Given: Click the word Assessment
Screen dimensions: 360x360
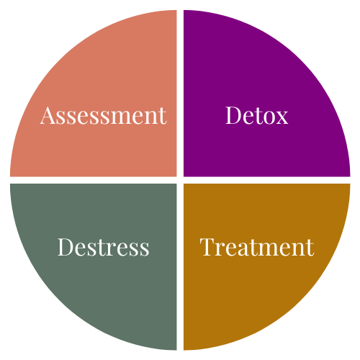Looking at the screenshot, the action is click(103, 115).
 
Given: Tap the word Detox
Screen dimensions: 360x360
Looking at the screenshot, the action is click(257, 115).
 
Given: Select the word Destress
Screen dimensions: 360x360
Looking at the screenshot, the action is click(103, 247).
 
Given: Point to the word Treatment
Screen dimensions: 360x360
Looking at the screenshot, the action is click(257, 247).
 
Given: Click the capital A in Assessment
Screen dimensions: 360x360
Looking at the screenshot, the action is click(48, 115).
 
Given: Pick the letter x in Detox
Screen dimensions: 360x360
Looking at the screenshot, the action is click(281, 118).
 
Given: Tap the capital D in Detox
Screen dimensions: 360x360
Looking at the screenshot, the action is click(234, 115).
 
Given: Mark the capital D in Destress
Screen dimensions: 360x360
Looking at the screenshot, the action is click(66, 247).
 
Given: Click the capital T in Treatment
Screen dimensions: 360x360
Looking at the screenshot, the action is click(207, 247).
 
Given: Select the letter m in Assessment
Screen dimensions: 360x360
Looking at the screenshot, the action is click(120, 118).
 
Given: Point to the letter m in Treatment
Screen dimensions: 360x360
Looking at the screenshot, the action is click(271, 250).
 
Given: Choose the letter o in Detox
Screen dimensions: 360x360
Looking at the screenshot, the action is click(267, 118).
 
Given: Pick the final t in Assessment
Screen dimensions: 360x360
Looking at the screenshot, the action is click(163, 117).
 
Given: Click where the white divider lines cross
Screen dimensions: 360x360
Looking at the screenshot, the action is click(180, 180).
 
